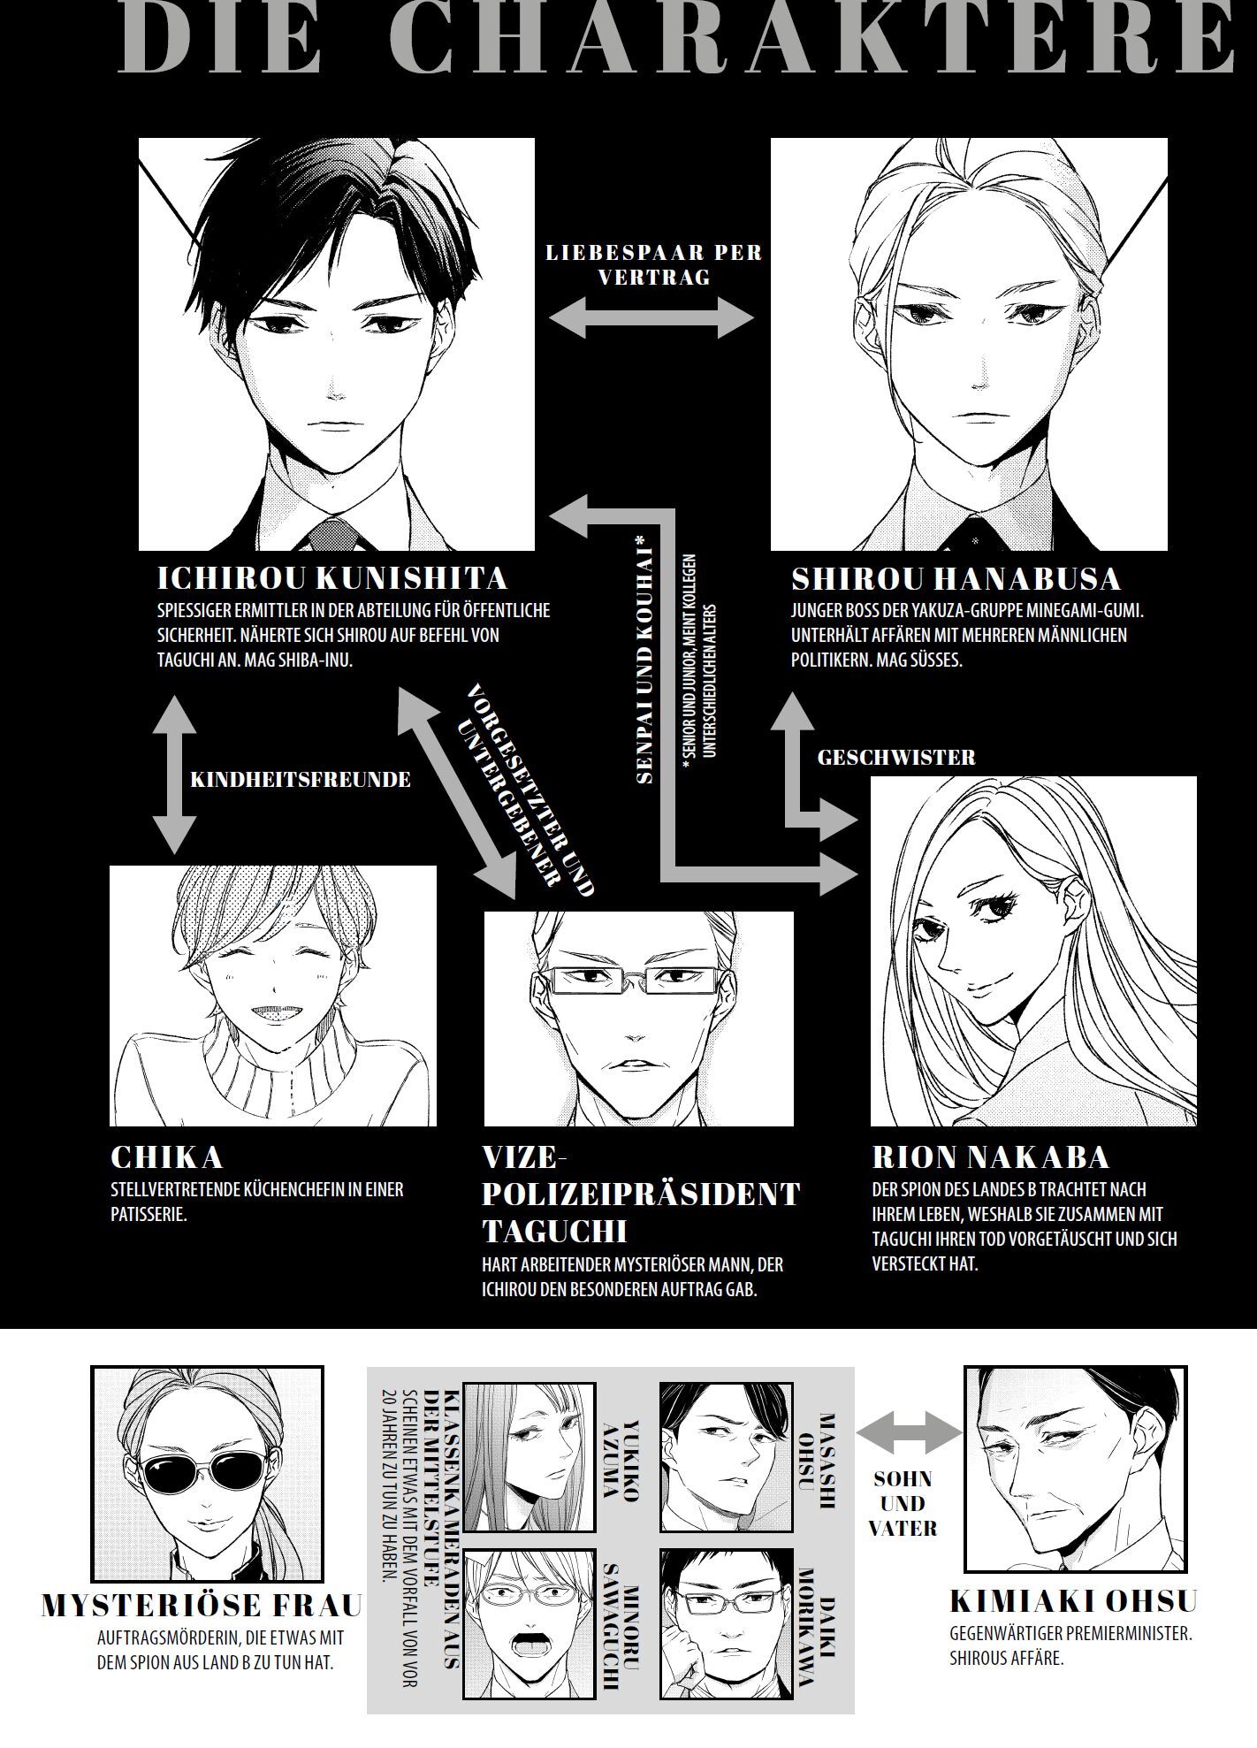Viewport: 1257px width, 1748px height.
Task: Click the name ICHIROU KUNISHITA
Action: [x=332, y=578]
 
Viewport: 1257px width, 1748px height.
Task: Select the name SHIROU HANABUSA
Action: [x=956, y=579]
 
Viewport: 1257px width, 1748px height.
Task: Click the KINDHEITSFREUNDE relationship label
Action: [x=301, y=779]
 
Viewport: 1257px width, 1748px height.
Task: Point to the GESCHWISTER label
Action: [x=896, y=757]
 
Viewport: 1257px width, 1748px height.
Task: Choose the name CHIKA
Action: [x=166, y=1157]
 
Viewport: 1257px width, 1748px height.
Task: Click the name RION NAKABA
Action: [x=990, y=1157]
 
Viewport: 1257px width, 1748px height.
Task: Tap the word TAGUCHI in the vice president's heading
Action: [x=554, y=1232]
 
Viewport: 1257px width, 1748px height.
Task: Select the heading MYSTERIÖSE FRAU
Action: [x=202, y=1606]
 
